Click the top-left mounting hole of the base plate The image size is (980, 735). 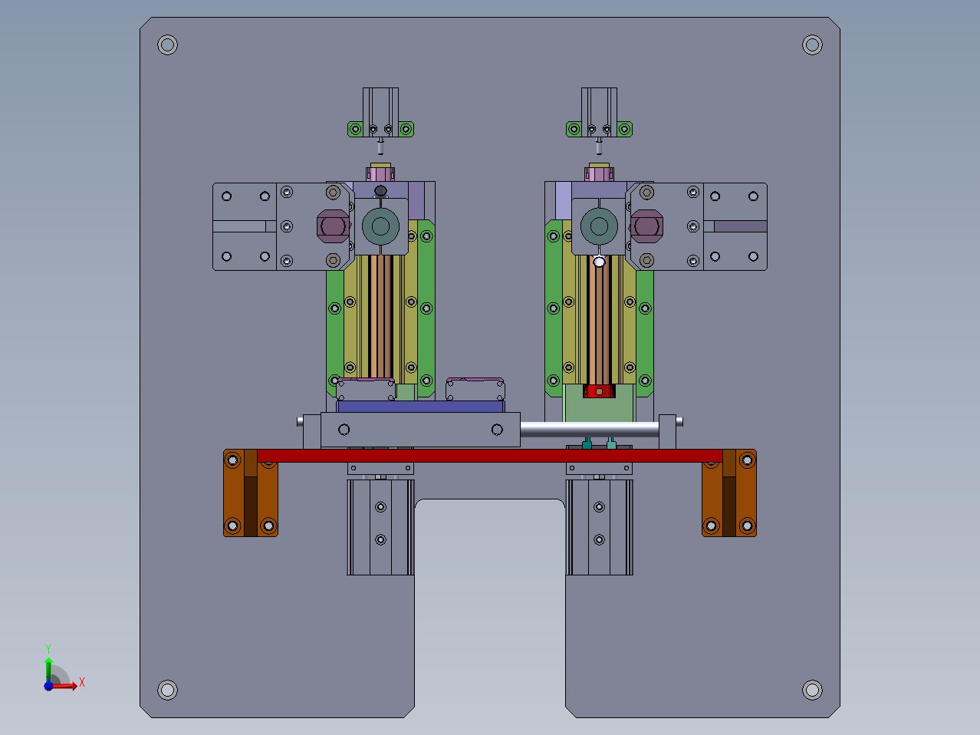click(167, 44)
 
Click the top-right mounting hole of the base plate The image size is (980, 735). click(812, 44)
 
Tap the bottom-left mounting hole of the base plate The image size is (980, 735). click(167, 690)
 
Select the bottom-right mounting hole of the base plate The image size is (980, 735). click(812, 690)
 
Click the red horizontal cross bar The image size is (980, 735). click(490, 456)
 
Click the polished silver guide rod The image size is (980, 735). click(590, 430)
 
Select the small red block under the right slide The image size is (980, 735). click(599, 391)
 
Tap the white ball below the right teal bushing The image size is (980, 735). click(599, 262)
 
